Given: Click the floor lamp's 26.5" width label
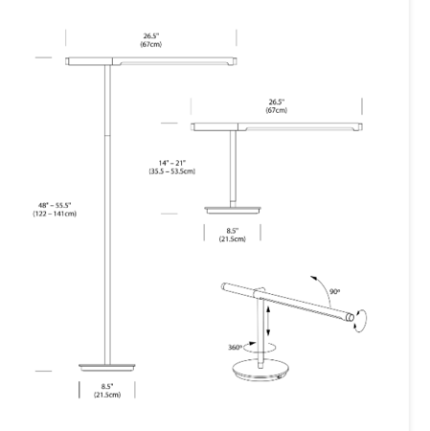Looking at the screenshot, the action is point(151,36).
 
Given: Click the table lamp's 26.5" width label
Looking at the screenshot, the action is point(277,102).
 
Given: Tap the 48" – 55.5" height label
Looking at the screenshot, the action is point(55,205).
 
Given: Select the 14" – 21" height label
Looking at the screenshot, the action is point(172,163).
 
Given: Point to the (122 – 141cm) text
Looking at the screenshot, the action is point(55,214).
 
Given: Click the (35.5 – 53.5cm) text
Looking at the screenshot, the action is point(172,171).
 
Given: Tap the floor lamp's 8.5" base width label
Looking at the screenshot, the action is point(107,387).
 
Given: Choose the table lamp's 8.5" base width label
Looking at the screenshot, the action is point(233,231).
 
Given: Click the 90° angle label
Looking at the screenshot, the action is point(335,291).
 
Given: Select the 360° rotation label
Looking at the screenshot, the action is point(235,348).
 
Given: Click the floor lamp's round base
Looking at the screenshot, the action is point(107,367).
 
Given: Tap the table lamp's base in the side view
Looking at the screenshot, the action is point(233,210).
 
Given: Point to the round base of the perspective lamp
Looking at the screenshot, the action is point(260,370).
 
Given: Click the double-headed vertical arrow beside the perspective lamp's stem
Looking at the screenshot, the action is point(268,321).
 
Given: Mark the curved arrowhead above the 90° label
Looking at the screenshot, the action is point(313,278).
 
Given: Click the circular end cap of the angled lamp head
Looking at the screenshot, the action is point(350,317).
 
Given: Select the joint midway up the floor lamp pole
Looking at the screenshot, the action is point(108,135).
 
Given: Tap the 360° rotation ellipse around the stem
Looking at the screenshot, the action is point(260,348).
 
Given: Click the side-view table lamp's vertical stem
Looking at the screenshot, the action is point(233,169).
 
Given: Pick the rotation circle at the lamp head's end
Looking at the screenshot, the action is point(360,321).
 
